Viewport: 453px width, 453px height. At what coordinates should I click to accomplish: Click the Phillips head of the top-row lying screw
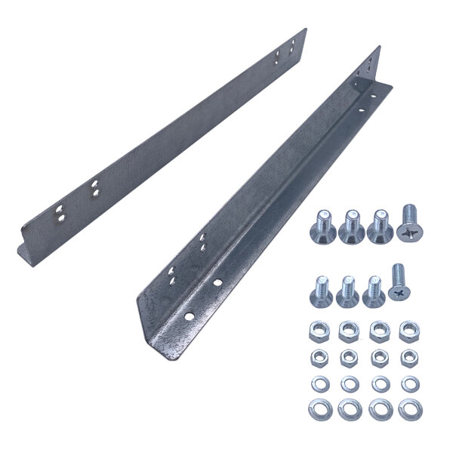pos(409,231)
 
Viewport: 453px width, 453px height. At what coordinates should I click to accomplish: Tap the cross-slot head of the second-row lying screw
pos(397,292)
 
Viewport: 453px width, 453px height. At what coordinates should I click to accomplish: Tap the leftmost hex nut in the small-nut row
pos(320,356)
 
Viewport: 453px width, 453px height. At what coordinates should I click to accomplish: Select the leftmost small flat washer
pos(320,384)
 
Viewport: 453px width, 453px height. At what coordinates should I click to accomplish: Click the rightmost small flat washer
pos(408,384)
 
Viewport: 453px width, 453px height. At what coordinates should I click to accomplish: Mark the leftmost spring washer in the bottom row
pos(320,409)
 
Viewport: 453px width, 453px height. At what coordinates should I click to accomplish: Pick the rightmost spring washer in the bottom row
pos(408,409)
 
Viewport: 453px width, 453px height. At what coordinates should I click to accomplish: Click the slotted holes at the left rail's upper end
pos(288,51)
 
